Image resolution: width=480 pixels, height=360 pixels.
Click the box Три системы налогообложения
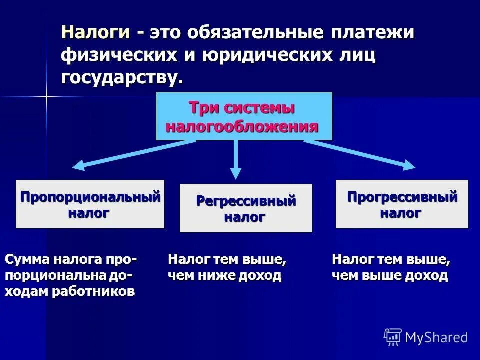(x=244, y=116)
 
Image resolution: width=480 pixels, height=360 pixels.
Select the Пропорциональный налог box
(x=90, y=204)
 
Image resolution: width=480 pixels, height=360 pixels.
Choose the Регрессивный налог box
(x=246, y=208)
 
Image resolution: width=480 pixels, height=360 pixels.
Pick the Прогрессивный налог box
(x=402, y=204)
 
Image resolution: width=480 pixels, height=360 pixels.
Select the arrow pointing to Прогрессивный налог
(x=360, y=154)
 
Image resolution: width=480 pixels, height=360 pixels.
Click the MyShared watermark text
(x=436, y=337)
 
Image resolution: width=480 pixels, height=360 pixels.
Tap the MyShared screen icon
(x=393, y=337)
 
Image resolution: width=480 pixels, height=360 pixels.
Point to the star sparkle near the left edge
(x=46, y=97)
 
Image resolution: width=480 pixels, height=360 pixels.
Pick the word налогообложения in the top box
(x=242, y=126)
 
